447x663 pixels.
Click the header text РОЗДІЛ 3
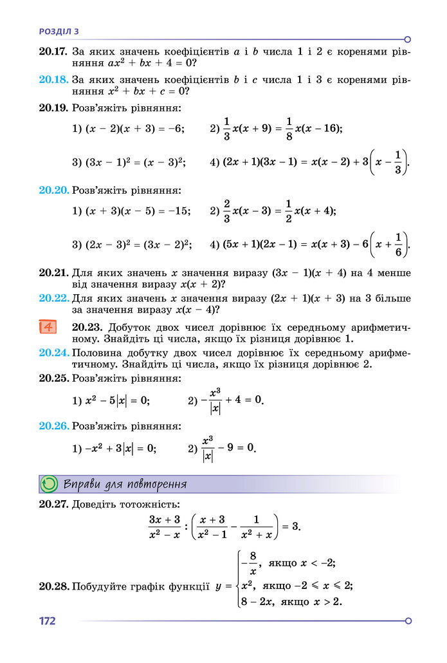coord(59,30)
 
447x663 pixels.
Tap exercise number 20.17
coord(53,51)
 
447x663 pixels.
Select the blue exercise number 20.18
coord(53,80)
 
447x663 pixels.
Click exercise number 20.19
coord(53,108)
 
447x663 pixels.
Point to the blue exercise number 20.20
coord(53,191)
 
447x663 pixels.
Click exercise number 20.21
coord(53,273)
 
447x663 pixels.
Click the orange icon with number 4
coord(49,327)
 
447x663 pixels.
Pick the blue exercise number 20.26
coord(53,426)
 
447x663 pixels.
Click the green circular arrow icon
coord(49,484)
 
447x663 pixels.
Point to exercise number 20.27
coord(53,504)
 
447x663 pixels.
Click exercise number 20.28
coord(53,586)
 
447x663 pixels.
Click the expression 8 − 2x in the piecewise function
coord(254,602)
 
